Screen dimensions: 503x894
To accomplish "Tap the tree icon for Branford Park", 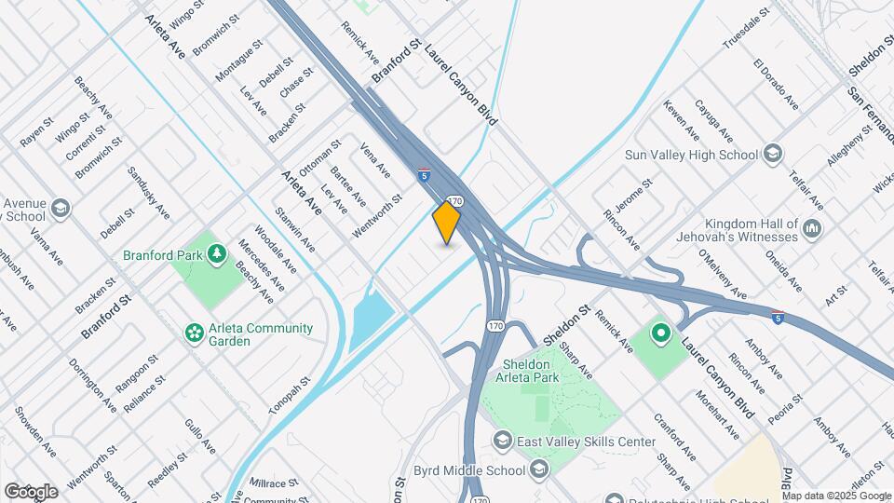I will (216, 253).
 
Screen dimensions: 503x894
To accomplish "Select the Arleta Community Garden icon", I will (195, 333).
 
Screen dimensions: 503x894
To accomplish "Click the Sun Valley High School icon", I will (772, 154).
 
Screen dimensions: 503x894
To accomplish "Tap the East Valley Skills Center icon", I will (503, 440).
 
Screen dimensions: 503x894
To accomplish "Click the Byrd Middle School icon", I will (538, 470).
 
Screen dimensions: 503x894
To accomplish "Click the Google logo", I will (31, 491).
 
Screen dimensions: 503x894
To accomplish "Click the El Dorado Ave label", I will (775, 83).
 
